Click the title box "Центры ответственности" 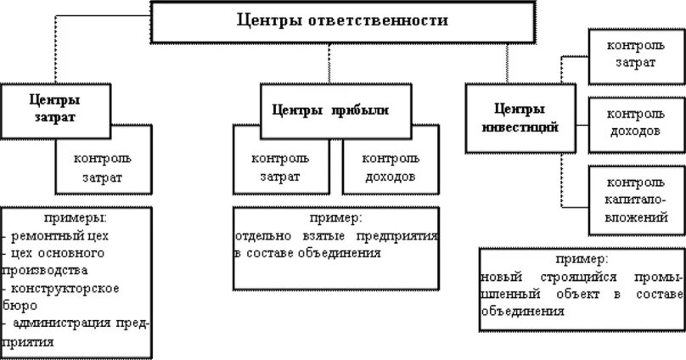point(342,21)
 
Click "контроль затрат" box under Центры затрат point(102,167)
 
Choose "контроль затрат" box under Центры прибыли point(280,167)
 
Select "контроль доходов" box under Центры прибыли point(391,167)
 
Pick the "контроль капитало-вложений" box point(636,200)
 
